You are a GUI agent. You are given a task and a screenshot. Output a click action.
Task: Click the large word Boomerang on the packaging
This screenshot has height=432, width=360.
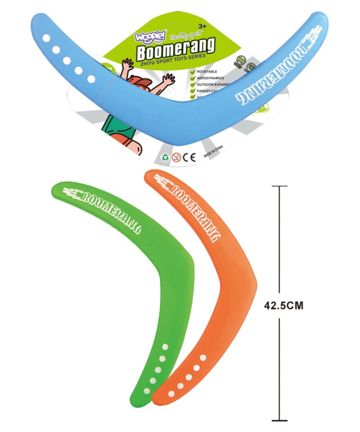176,48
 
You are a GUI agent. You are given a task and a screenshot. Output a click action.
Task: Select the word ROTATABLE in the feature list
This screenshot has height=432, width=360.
207,72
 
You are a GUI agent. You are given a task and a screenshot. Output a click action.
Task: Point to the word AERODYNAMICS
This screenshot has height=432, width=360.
212,78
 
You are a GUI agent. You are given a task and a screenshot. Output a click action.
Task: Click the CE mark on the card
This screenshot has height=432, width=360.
190,157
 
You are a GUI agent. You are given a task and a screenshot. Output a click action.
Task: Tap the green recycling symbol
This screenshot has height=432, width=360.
166,157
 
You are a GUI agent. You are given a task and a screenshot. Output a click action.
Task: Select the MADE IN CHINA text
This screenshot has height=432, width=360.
214,154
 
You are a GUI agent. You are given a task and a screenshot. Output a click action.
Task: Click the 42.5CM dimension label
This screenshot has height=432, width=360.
283,305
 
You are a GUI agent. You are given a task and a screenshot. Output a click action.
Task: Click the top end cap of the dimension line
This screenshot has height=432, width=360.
279,186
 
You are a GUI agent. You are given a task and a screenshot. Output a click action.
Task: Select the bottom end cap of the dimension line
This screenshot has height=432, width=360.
279,421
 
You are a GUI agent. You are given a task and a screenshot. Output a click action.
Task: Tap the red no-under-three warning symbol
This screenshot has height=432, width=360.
177,157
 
